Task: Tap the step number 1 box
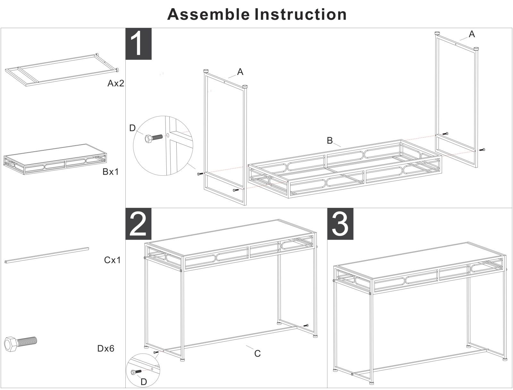click(x=138, y=44)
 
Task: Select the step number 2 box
click(x=138, y=224)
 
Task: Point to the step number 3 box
click(x=340, y=224)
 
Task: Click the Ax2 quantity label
click(x=115, y=84)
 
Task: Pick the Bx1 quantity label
click(x=111, y=172)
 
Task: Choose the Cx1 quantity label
click(x=112, y=260)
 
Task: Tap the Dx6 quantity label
click(x=106, y=348)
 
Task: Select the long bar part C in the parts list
click(x=47, y=255)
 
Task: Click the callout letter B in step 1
click(x=330, y=140)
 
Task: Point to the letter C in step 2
click(x=257, y=354)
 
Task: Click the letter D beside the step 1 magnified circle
click(x=132, y=128)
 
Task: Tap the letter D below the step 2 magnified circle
click(x=144, y=382)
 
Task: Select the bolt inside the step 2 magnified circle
click(x=136, y=372)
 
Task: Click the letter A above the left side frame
click(x=240, y=72)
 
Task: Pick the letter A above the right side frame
click(x=472, y=34)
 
